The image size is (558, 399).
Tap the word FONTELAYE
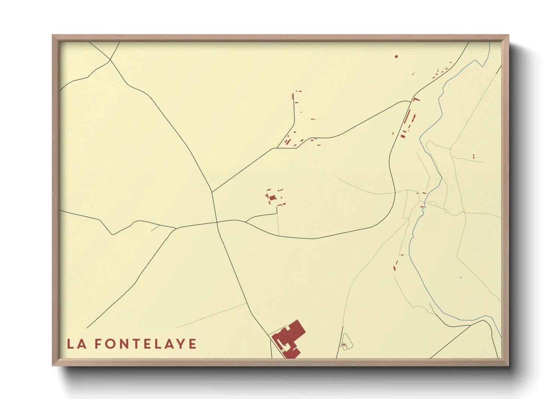146,344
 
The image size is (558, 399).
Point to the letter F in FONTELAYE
98,344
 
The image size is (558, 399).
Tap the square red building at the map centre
272,198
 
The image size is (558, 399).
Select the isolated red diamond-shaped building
396,57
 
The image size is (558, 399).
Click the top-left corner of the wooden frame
53,35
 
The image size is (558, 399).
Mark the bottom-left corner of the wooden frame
53,365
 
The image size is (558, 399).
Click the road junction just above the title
176,228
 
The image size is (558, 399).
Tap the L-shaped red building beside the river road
416,99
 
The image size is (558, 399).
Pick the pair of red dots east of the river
474,156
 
